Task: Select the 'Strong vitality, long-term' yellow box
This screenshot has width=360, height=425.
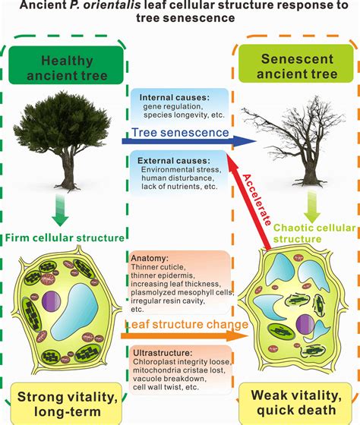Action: click(64, 401)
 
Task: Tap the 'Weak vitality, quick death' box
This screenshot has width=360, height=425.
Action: click(296, 402)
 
